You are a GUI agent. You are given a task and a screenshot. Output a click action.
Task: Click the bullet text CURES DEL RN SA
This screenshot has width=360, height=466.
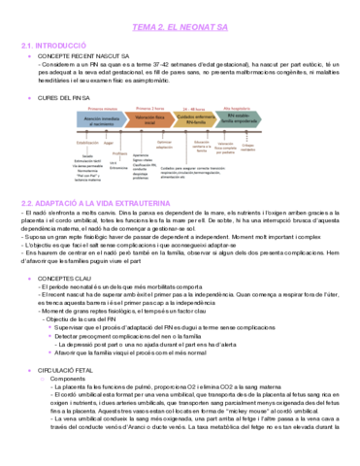pyautogui.click(x=67, y=98)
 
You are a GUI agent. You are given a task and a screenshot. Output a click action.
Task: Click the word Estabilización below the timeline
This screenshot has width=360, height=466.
pyautogui.click(x=82, y=141)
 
